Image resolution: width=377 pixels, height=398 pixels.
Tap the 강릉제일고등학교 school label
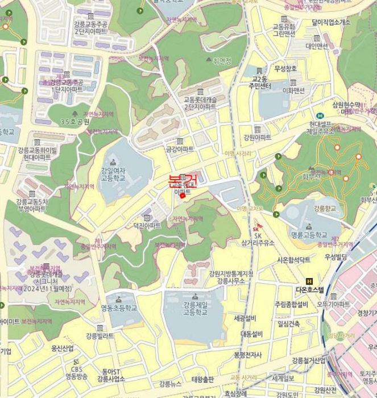coord(194,309)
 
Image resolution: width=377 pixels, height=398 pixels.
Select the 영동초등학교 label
coord(119,308)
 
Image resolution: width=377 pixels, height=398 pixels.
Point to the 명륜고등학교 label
coord(309,235)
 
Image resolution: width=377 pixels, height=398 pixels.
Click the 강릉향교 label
coord(325,208)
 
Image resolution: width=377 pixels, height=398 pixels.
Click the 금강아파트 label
coord(180,149)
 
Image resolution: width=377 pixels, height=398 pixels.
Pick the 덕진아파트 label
coord(147,225)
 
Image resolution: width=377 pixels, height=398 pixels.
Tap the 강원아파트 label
coord(257,137)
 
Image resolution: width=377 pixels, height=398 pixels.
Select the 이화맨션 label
coord(293,90)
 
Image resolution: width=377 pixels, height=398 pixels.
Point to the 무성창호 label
coord(285,69)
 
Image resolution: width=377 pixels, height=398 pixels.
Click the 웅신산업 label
coord(62,348)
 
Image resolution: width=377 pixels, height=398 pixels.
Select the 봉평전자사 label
coord(248,354)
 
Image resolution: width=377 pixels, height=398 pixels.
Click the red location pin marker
coord(182,197)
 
